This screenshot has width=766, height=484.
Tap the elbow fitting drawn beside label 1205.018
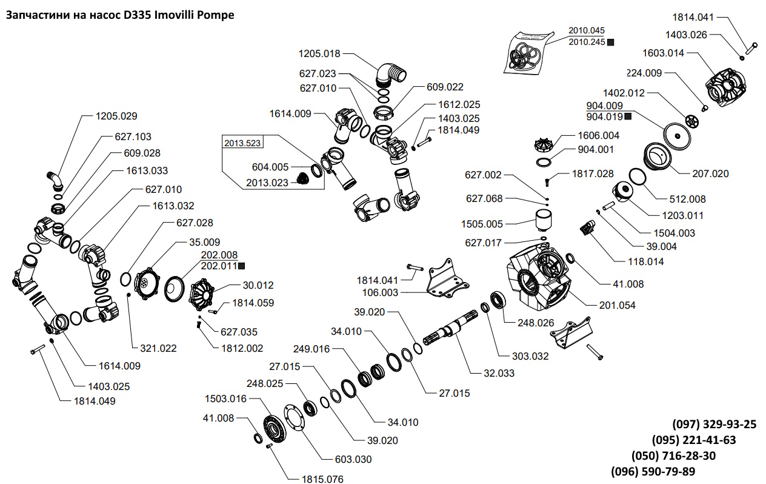point(386,73)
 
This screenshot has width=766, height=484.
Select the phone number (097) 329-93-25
point(714,424)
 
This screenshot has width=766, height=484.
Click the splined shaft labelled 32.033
point(451,331)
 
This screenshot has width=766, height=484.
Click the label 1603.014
point(664,53)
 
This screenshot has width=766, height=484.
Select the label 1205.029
point(116,115)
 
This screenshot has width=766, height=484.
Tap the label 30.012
point(258,285)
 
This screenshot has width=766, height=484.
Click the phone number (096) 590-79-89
point(653,471)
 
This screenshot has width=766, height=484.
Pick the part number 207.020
point(710,173)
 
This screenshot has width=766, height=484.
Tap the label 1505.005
point(482,224)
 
